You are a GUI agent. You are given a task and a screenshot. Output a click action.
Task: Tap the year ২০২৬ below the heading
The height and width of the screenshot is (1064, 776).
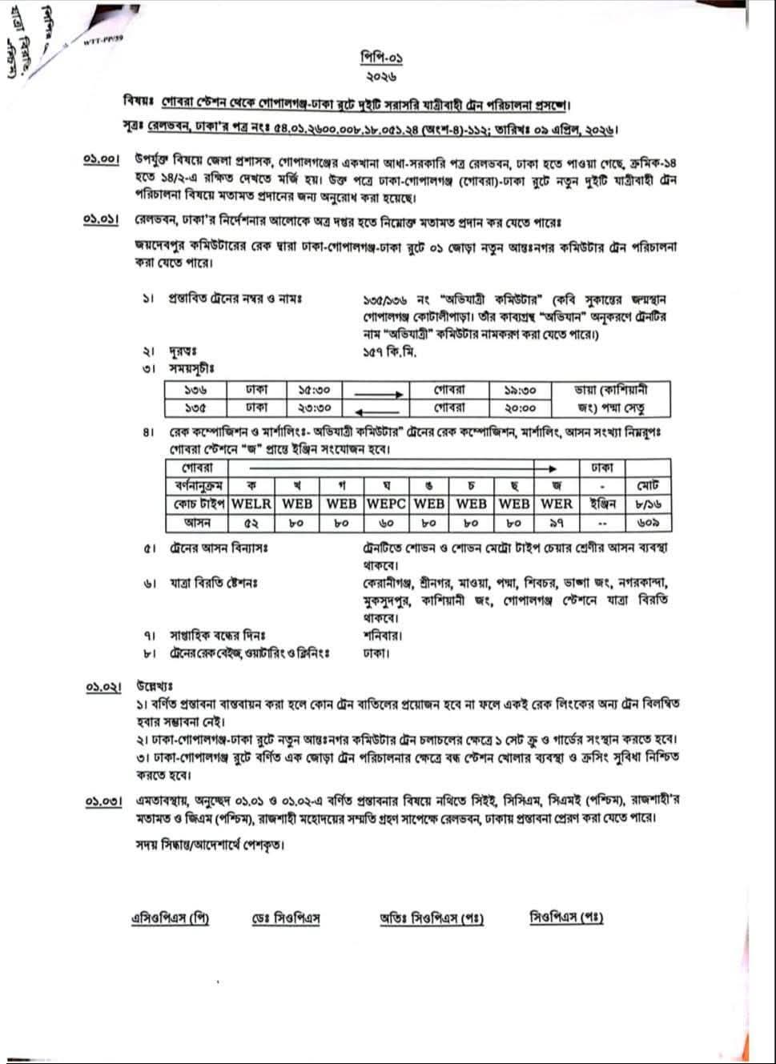pos(380,77)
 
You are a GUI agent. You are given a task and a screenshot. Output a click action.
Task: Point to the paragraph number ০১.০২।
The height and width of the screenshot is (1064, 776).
pos(104,688)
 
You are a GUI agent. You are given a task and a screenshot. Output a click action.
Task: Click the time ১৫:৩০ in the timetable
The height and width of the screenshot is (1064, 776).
pos(314,391)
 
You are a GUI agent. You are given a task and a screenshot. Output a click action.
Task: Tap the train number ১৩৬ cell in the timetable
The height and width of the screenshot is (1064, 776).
pos(195,391)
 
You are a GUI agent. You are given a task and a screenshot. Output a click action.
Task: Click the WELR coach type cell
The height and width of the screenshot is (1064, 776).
pos(251,504)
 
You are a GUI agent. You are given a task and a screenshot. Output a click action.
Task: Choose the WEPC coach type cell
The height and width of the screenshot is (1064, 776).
pos(387,504)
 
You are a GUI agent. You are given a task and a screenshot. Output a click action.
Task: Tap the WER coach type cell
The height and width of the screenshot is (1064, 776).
pos(557,504)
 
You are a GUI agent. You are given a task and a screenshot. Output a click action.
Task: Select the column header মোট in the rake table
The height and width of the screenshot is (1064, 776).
pos(647,486)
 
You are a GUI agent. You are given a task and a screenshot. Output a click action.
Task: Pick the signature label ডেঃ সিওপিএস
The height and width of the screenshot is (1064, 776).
pos(286,918)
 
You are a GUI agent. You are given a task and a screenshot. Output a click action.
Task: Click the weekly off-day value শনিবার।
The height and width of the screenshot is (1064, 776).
pos(382,636)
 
